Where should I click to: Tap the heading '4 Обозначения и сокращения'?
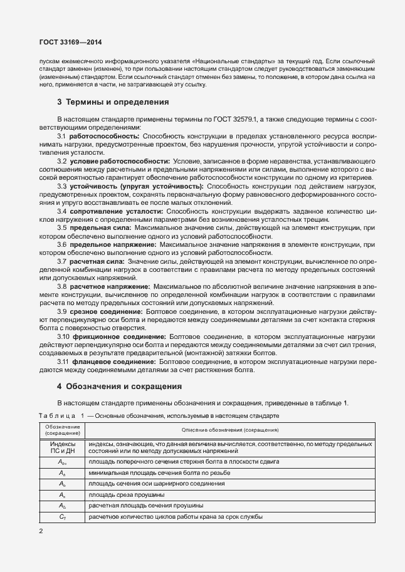pyautogui.click(x=120, y=387)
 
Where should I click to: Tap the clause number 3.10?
pyautogui.click(x=64, y=336)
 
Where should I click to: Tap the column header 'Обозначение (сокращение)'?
pyautogui.click(x=63, y=430)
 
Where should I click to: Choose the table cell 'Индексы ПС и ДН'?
pyautogui.click(x=63, y=447)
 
